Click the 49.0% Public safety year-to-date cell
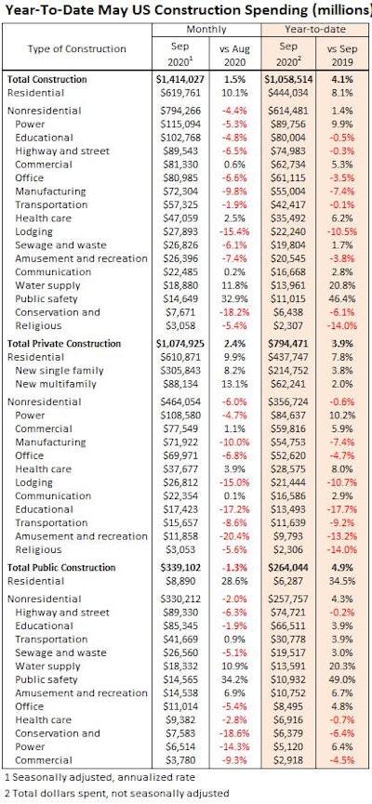pos(338,683)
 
